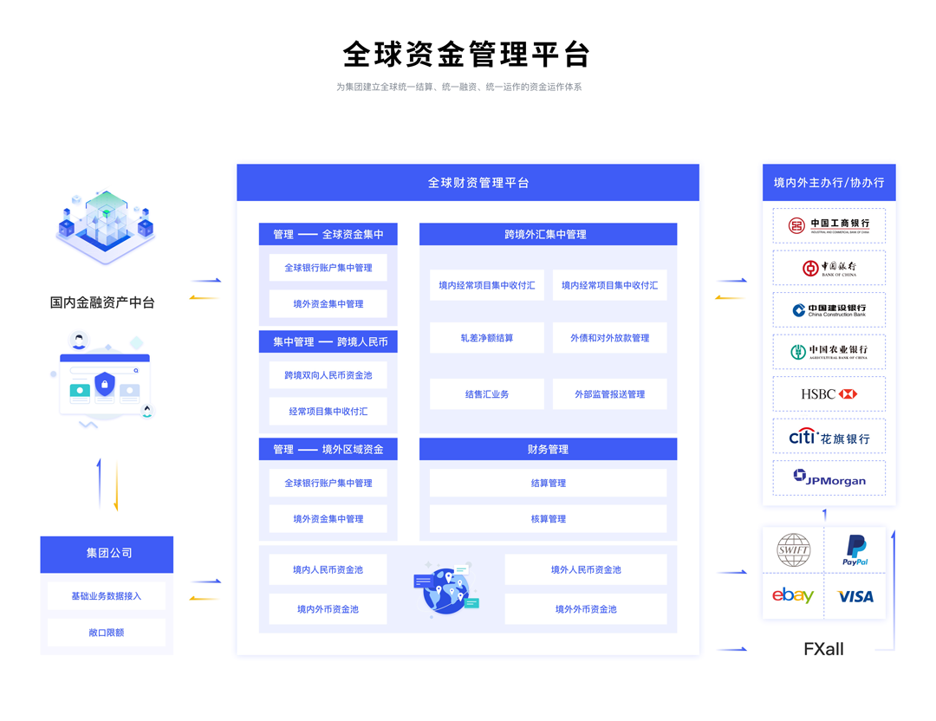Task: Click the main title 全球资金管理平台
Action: (466, 55)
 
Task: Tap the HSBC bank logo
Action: (829, 394)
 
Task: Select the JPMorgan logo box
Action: (829, 477)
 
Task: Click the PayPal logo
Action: (855, 549)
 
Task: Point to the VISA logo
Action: (855, 596)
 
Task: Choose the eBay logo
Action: (793, 595)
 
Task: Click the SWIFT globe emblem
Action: (793, 549)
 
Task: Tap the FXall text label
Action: (823, 649)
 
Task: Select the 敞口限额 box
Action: (107, 632)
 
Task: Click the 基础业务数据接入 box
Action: (107, 595)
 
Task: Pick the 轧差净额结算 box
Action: (486, 338)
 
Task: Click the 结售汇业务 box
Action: (486, 394)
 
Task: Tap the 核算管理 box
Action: (548, 519)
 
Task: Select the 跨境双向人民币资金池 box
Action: (328, 375)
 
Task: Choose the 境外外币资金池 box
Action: (586, 609)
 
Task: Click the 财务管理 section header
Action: (548, 449)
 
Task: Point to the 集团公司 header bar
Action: (107, 554)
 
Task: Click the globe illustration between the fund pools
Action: (445, 589)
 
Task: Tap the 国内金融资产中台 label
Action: (102, 302)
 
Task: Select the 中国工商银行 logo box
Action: (829, 225)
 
